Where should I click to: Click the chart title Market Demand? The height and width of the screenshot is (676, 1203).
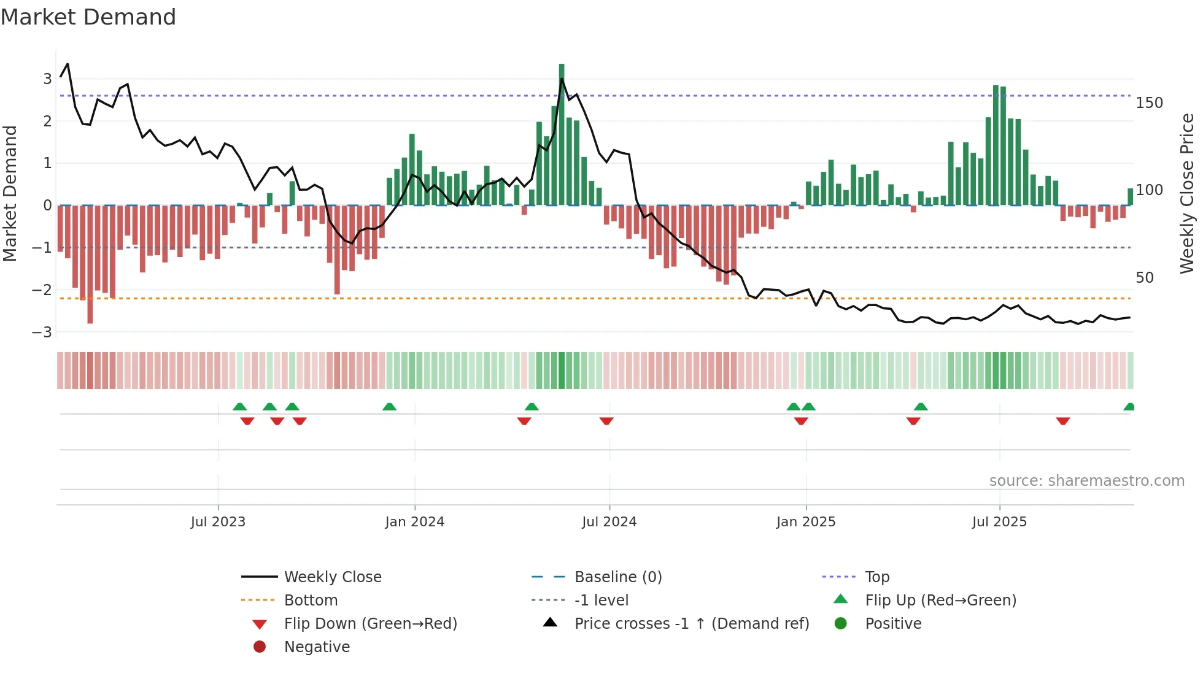click(88, 17)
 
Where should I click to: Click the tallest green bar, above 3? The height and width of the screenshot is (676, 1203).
click(562, 135)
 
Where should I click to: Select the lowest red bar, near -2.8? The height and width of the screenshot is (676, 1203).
click(90, 264)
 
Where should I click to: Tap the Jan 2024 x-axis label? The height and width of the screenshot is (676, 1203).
click(414, 522)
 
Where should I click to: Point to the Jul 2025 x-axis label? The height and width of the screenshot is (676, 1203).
click(999, 522)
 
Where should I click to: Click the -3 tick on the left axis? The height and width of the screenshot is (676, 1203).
click(42, 332)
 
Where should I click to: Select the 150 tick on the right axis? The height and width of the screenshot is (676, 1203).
click(1149, 103)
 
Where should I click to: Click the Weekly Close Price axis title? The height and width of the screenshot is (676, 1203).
click(1187, 193)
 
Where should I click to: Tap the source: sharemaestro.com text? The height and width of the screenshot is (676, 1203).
click(1086, 481)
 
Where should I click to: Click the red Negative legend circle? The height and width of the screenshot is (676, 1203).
click(260, 647)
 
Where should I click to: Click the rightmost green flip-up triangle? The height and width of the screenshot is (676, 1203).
click(1129, 407)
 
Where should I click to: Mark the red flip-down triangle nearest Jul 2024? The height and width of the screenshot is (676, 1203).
click(606, 421)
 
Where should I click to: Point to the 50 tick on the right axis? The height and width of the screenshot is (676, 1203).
click(1145, 278)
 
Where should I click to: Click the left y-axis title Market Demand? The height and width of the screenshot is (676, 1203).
click(10, 193)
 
